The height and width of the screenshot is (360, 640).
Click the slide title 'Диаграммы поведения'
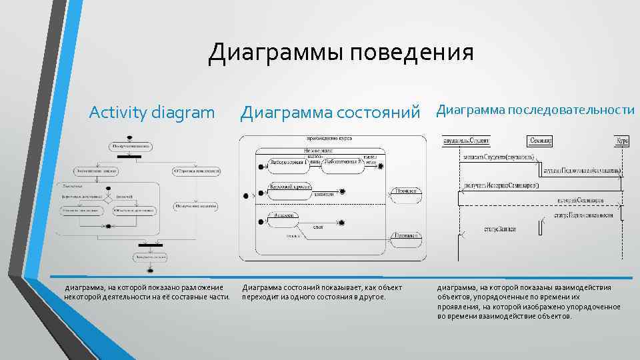pyautogui.click(x=341, y=53)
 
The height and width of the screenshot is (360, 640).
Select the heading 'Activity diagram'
pyautogui.click(x=152, y=111)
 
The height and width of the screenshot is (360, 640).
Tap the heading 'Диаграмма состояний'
pyautogui.click(x=332, y=112)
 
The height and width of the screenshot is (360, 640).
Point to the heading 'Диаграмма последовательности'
pyautogui.click(x=535, y=110)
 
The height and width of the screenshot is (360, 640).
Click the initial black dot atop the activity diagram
pyautogui.click(x=129, y=138)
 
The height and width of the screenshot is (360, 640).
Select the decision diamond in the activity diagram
pyautogui.click(x=107, y=197)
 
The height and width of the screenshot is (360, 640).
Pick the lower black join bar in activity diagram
pyautogui.click(x=151, y=246)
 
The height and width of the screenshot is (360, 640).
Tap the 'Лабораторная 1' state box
pyautogui.click(x=288, y=162)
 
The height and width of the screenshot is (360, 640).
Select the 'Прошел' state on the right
pyautogui.click(x=406, y=191)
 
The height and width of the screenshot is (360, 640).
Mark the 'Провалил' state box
pyautogui.click(x=406, y=235)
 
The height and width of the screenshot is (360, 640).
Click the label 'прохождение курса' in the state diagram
pyautogui.click(x=329, y=139)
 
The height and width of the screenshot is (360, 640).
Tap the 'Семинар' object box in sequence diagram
pyautogui.click(x=540, y=141)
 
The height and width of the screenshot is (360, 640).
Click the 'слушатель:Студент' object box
pyautogui.click(x=467, y=141)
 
